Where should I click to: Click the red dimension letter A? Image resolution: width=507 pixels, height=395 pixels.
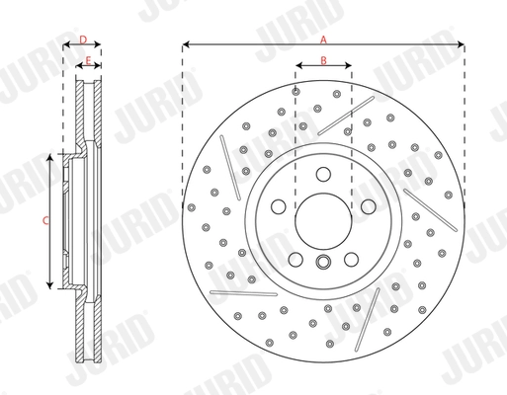click(x=323, y=38)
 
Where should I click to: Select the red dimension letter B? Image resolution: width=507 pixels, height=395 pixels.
click(x=323, y=61)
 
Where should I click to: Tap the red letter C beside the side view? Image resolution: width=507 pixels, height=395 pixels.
click(x=45, y=221)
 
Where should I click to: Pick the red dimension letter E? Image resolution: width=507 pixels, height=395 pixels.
click(x=89, y=61)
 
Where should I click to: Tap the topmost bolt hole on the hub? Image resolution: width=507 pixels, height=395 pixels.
click(x=323, y=174)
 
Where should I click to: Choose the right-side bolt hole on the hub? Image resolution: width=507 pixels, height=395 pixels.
click(x=366, y=205)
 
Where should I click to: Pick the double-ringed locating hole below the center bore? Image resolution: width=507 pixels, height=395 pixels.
click(x=323, y=262)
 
